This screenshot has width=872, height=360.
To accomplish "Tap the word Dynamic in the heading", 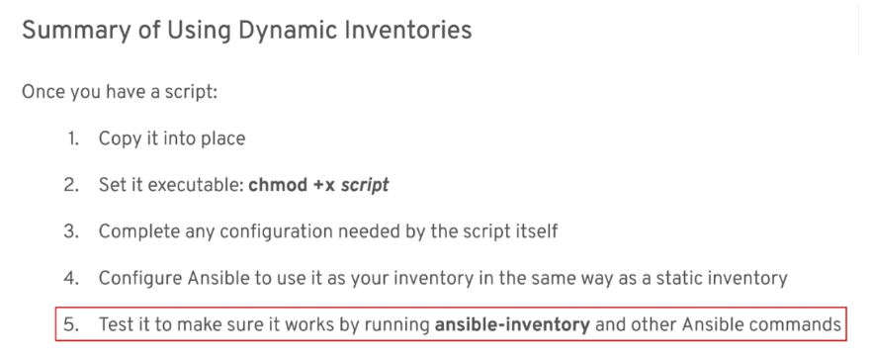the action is (286, 30).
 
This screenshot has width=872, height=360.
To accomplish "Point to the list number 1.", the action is (73, 138).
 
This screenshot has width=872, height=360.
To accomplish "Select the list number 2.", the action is (72, 184).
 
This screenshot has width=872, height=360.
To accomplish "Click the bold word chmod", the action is (278, 184).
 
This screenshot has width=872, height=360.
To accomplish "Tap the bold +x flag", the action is (323, 185).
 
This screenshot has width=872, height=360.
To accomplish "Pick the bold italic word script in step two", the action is (365, 185).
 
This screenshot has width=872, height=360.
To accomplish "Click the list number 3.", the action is (72, 230).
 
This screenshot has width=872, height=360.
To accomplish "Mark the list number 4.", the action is (72, 277).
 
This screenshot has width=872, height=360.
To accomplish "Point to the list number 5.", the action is (72, 323).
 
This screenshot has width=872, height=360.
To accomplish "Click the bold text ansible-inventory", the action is (512, 323).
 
